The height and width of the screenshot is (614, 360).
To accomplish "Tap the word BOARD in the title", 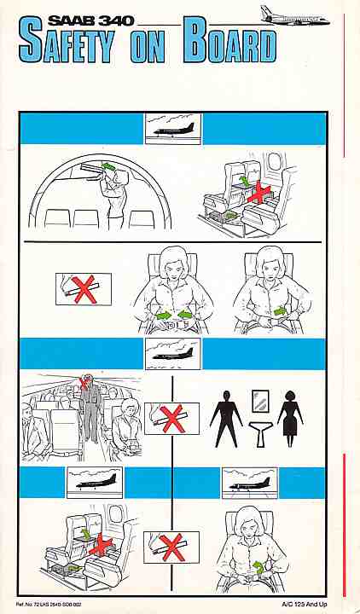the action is coord(229,40).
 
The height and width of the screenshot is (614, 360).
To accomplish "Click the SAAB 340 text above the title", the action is coord(91,21).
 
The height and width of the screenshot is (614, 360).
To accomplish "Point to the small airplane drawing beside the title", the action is coord(295,17).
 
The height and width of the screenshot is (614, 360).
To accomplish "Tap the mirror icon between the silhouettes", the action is coord(259,401).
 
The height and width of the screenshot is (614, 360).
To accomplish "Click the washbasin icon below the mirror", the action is coord(259,433).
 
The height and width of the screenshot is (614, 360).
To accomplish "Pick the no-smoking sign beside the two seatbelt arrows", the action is coord(84,289).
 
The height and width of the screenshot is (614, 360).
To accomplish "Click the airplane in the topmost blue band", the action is coord(173,130).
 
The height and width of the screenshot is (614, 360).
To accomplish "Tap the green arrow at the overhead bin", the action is coord(109,167).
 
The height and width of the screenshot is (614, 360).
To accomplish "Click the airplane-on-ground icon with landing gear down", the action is coord(250,484).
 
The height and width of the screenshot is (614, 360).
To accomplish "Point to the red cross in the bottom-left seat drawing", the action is coord(101,545).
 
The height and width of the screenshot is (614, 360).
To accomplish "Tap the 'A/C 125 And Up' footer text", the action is coord(304,605).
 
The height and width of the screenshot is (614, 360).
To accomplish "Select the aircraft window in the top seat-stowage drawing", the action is coord(274,161).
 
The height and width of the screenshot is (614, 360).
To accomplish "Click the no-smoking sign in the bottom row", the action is coord(171,547).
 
